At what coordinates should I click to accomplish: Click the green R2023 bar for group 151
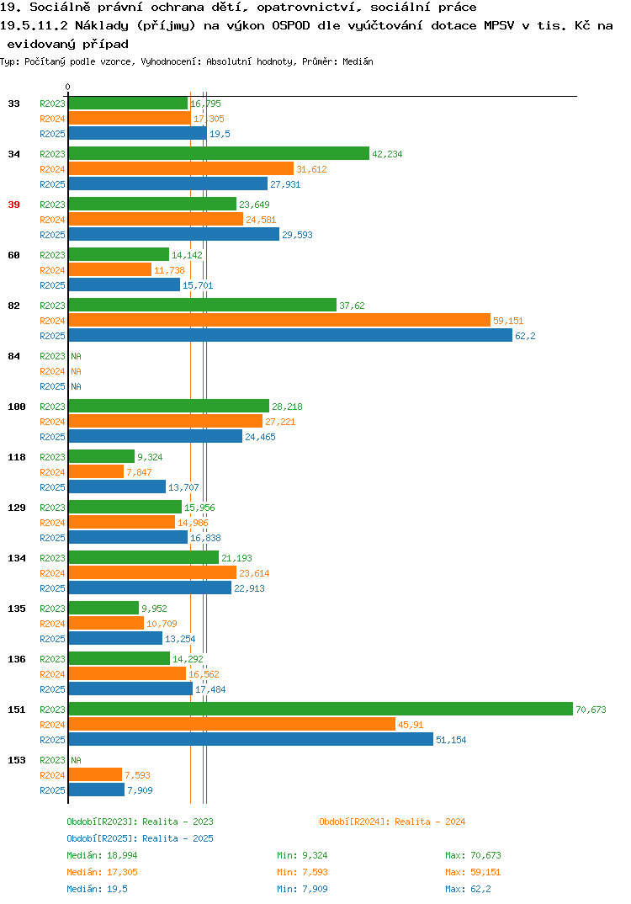pyautogui.click(x=321, y=709)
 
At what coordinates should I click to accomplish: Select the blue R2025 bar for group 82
pyautogui.click(x=290, y=336)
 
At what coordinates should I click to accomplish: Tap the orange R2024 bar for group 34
pyautogui.click(x=182, y=169)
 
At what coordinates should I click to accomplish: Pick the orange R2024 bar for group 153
pyautogui.click(x=96, y=775)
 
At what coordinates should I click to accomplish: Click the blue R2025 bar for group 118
pyautogui.click(x=118, y=487)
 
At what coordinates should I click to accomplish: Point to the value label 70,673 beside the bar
pyautogui.click(x=591, y=710)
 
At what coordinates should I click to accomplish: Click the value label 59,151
pyautogui.click(x=508, y=321)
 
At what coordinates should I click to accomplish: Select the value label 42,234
pyautogui.click(x=387, y=154)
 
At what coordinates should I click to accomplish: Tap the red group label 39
pyautogui.click(x=13, y=205)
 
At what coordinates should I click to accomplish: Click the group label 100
pyautogui.click(x=17, y=407)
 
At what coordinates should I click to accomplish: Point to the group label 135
pyautogui.click(x=17, y=609)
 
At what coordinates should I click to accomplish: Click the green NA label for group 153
pyautogui.click(x=76, y=760)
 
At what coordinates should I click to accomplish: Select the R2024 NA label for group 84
pyautogui.click(x=76, y=371)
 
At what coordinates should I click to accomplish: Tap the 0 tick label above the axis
pyautogui.click(x=67, y=87)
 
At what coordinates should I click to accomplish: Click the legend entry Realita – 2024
pyautogui.click(x=392, y=822)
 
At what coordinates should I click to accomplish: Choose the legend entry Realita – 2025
pyautogui.click(x=140, y=838)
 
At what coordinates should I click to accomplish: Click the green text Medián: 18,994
pyautogui.click(x=102, y=855)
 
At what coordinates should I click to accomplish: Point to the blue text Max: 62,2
pyautogui.click(x=468, y=889)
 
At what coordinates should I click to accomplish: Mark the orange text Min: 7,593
pyautogui.click(x=302, y=872)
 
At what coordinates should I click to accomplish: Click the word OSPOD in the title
pyautogui.click(x=291, y=25)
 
